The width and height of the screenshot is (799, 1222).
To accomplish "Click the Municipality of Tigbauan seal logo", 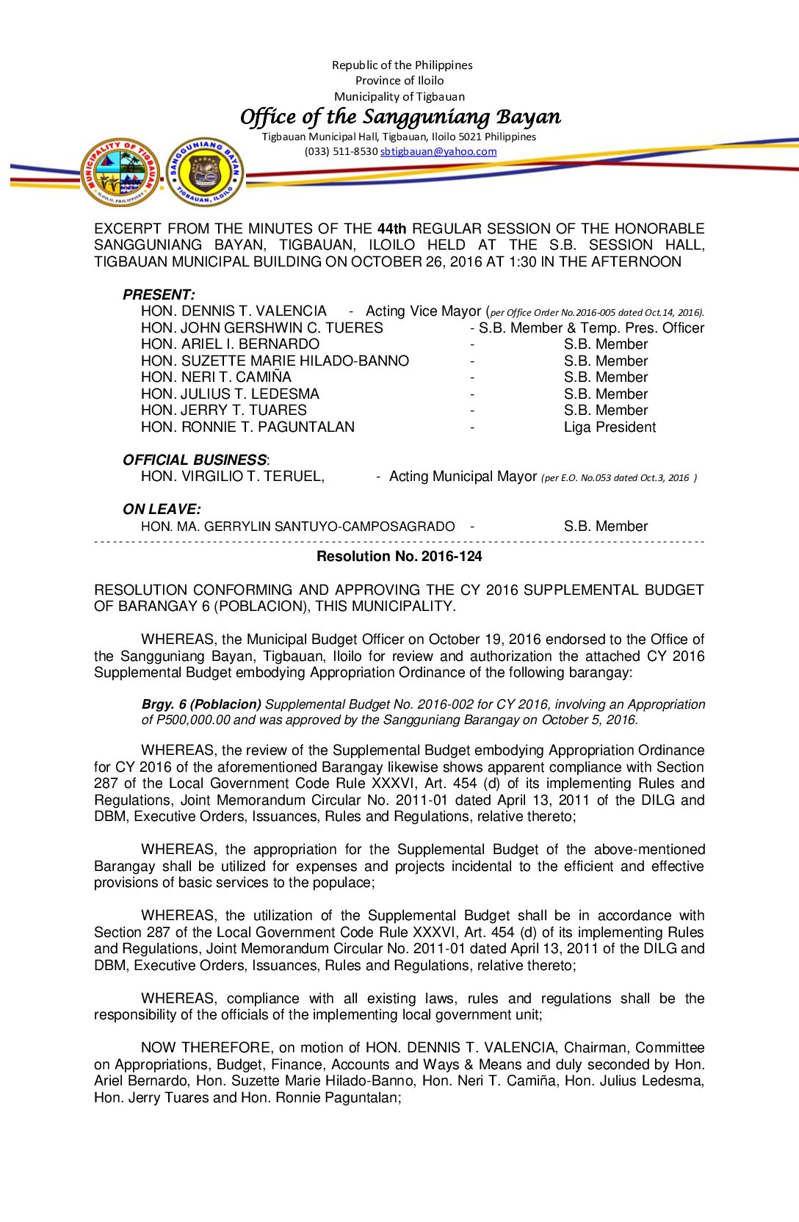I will [120, 173].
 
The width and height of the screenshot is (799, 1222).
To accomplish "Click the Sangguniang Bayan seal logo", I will [205, 173].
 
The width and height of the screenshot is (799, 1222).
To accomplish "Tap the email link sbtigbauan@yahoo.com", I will [438, 151].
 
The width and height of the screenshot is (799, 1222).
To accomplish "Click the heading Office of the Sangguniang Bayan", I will [400, 117].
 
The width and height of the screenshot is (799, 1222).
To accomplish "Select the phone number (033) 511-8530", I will [341, 151].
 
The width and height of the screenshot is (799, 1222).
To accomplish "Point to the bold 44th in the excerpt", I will [391, 228].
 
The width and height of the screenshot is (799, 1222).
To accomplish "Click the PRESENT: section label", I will [159, 294].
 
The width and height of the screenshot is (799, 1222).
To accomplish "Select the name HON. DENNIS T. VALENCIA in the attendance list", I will [234, 311].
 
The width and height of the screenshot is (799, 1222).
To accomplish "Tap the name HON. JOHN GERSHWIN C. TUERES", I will [262, 328].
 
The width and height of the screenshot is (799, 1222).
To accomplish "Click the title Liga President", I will [610, 427].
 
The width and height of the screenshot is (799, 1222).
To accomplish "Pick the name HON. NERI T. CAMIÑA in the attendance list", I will [216, 377].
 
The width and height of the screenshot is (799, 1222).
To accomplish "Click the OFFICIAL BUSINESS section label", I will [195, 460].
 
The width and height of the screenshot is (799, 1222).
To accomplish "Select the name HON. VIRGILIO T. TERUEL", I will [232, 477].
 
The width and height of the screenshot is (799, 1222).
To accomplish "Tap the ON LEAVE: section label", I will [162, 509].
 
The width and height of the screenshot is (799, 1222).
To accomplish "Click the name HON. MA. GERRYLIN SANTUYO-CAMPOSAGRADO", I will [297, 527].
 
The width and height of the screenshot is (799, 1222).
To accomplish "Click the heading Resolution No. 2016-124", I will [399, 557].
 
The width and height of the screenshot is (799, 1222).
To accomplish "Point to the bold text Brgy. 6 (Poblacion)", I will [201, 704].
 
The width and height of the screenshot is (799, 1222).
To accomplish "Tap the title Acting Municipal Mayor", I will [463, 477].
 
